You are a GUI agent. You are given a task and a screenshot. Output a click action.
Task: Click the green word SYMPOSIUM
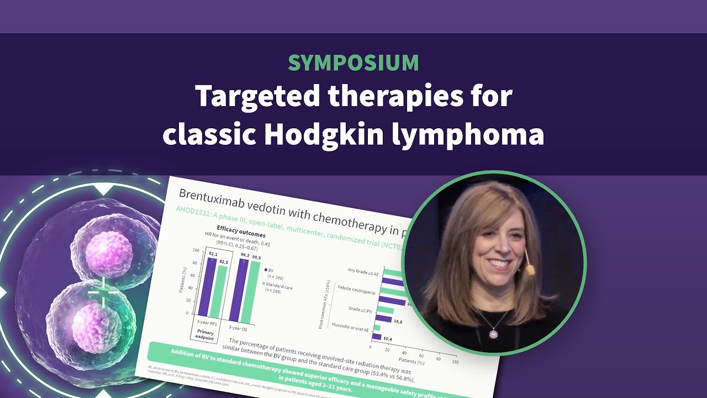click(353, 63)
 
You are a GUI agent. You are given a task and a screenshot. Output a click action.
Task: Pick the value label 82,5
click(224, 261)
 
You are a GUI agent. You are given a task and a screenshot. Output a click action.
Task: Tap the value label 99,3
click(245, 256)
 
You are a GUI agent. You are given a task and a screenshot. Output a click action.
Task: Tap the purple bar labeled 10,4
click(377, 336)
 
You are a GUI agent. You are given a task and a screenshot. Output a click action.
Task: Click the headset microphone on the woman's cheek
click(530, 269)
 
